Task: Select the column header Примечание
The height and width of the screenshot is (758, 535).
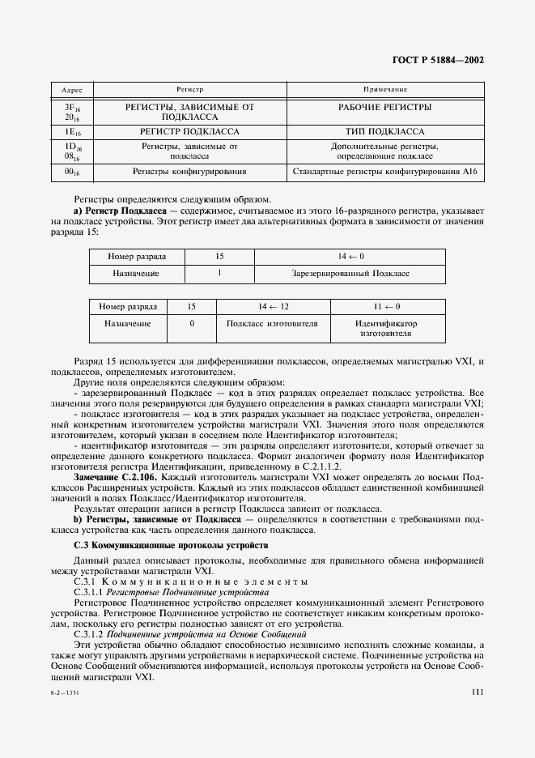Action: pyautogui.click(x=384, y=89)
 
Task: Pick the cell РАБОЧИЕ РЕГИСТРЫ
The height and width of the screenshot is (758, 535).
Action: pyautogui.click(x=384, y=107)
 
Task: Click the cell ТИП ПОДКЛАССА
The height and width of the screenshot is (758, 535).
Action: pyautogui.click(x=384, y=130)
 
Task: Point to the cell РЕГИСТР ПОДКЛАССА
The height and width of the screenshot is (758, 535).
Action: pyautogui.click(x=189, y=130)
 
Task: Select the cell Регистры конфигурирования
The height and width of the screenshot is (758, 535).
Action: pyautogui.click(x=189, y=172)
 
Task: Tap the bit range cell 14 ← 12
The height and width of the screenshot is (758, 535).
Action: pyautogui.click(x=273, y=307)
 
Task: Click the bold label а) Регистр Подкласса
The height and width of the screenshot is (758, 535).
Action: pyautogui.click(x=120, y=209)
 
